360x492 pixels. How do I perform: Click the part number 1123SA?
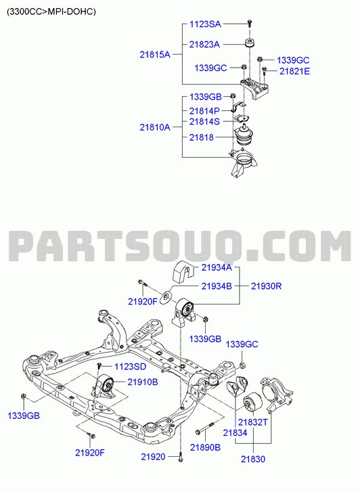click(x=205, y=24)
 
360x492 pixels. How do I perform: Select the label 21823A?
click(x=204, y=45)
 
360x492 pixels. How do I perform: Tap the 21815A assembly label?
click(x=155, y=55)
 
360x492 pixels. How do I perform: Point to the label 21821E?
click(x=294, y=71)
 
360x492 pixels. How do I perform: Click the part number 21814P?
click(x=204, y=111)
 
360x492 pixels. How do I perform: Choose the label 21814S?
click(x=204, y=121)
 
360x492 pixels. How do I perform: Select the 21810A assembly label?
click(x=155, y=127)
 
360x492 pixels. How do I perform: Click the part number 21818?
click(x=201, y=137)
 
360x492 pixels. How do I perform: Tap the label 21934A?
click(x=217, y=267)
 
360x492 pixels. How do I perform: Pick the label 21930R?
click(x=266, y=286)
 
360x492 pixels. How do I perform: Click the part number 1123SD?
click(x=130, y=367)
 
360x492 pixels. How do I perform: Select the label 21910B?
click(x=143, y=382)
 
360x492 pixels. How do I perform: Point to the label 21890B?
click(x=205, y=447)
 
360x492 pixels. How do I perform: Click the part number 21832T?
click(x=253, y=422)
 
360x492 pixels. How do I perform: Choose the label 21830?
click(x=253, y=460)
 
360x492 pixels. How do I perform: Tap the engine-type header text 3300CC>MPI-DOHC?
click(x=51, y=12)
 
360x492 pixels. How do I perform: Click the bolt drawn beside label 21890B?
click(x=204, y=428)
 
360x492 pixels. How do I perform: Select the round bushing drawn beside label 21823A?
click(x=250, y=43)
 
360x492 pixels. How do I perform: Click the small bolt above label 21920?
click(x=181, y=457)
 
